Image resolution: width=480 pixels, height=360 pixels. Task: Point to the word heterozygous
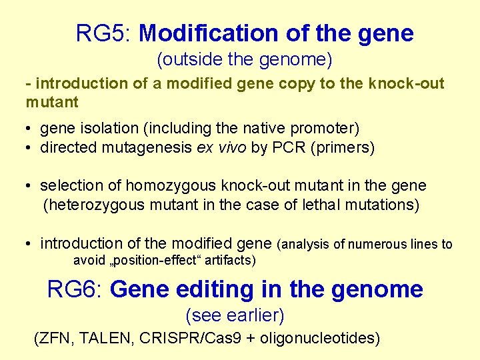(x=94, y=205)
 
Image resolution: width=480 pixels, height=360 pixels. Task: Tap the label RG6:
(x=75, y=289)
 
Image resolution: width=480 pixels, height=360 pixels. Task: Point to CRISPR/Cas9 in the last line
(x=189, y=339)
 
